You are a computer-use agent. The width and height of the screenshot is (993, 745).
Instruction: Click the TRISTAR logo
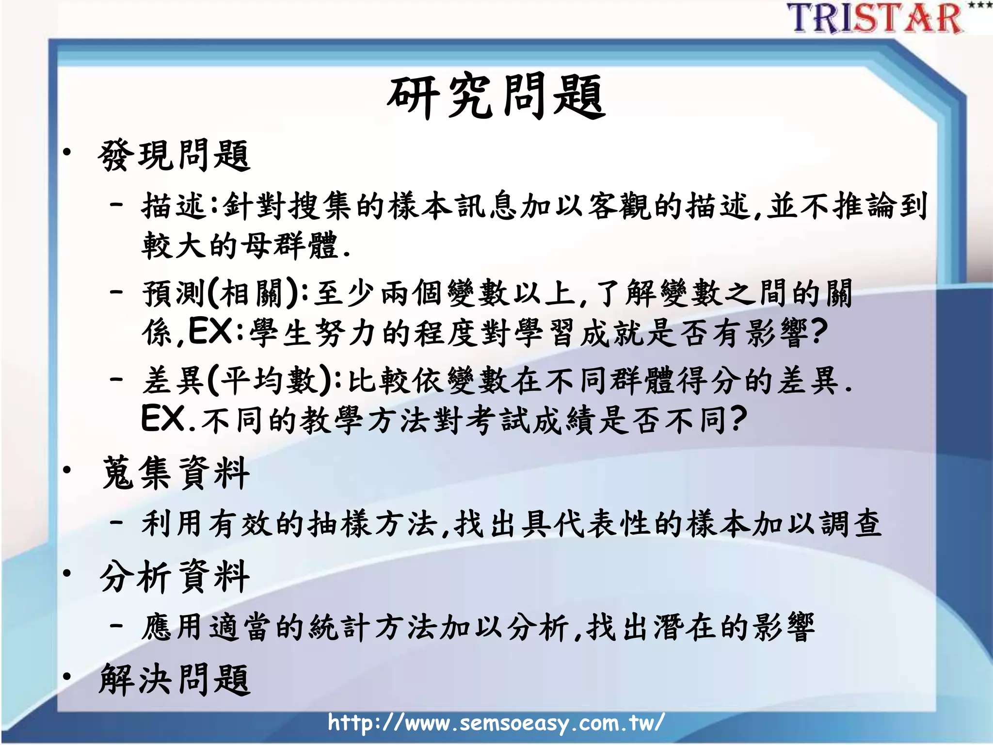click(x=875, y=18)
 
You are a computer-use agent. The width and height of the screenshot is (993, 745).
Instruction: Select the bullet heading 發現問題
click(x=174, y=156)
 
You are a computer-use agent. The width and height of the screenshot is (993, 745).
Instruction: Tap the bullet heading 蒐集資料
click(x=176, y=473)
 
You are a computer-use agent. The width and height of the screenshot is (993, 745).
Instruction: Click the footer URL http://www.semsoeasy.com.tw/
click(x=496, y=723)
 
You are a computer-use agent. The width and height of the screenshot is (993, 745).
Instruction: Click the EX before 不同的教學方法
click(x=163, y=419)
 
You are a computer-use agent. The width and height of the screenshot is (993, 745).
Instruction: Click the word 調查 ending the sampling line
click(x=851, y=524)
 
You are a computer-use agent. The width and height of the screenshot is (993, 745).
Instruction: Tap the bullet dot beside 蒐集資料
click(x=67, y=470)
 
